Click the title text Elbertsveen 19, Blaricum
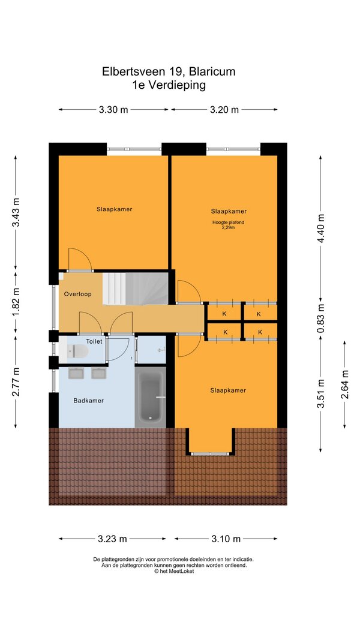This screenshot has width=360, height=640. [x=169, y=72]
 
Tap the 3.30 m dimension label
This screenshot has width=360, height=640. [x=113, y=109]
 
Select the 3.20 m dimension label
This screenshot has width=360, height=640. [x=224, y=109]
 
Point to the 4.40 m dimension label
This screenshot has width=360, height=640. [x=320, y=228]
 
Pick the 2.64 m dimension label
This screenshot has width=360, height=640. [x=345, y=384]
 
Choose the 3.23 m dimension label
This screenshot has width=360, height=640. [x=112, y=539]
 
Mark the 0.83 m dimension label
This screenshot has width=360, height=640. [x=320, y=318]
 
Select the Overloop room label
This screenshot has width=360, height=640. [x=77, y=294]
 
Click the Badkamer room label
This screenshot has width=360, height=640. [x=89, y=401]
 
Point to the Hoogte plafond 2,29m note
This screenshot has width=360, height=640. [x=228, y=225]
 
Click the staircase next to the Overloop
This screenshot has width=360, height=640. [x=135, y=289]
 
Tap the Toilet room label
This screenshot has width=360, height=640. [x=94, y=341]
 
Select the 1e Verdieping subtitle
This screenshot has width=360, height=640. [x=169, y=85]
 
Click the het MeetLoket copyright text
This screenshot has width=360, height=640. [x=174, y=572]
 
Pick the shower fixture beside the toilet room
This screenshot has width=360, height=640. [x=162, y=349]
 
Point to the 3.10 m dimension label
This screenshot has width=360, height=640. [x=226, y=539]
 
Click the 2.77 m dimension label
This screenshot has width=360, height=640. [x=16, y=381]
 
